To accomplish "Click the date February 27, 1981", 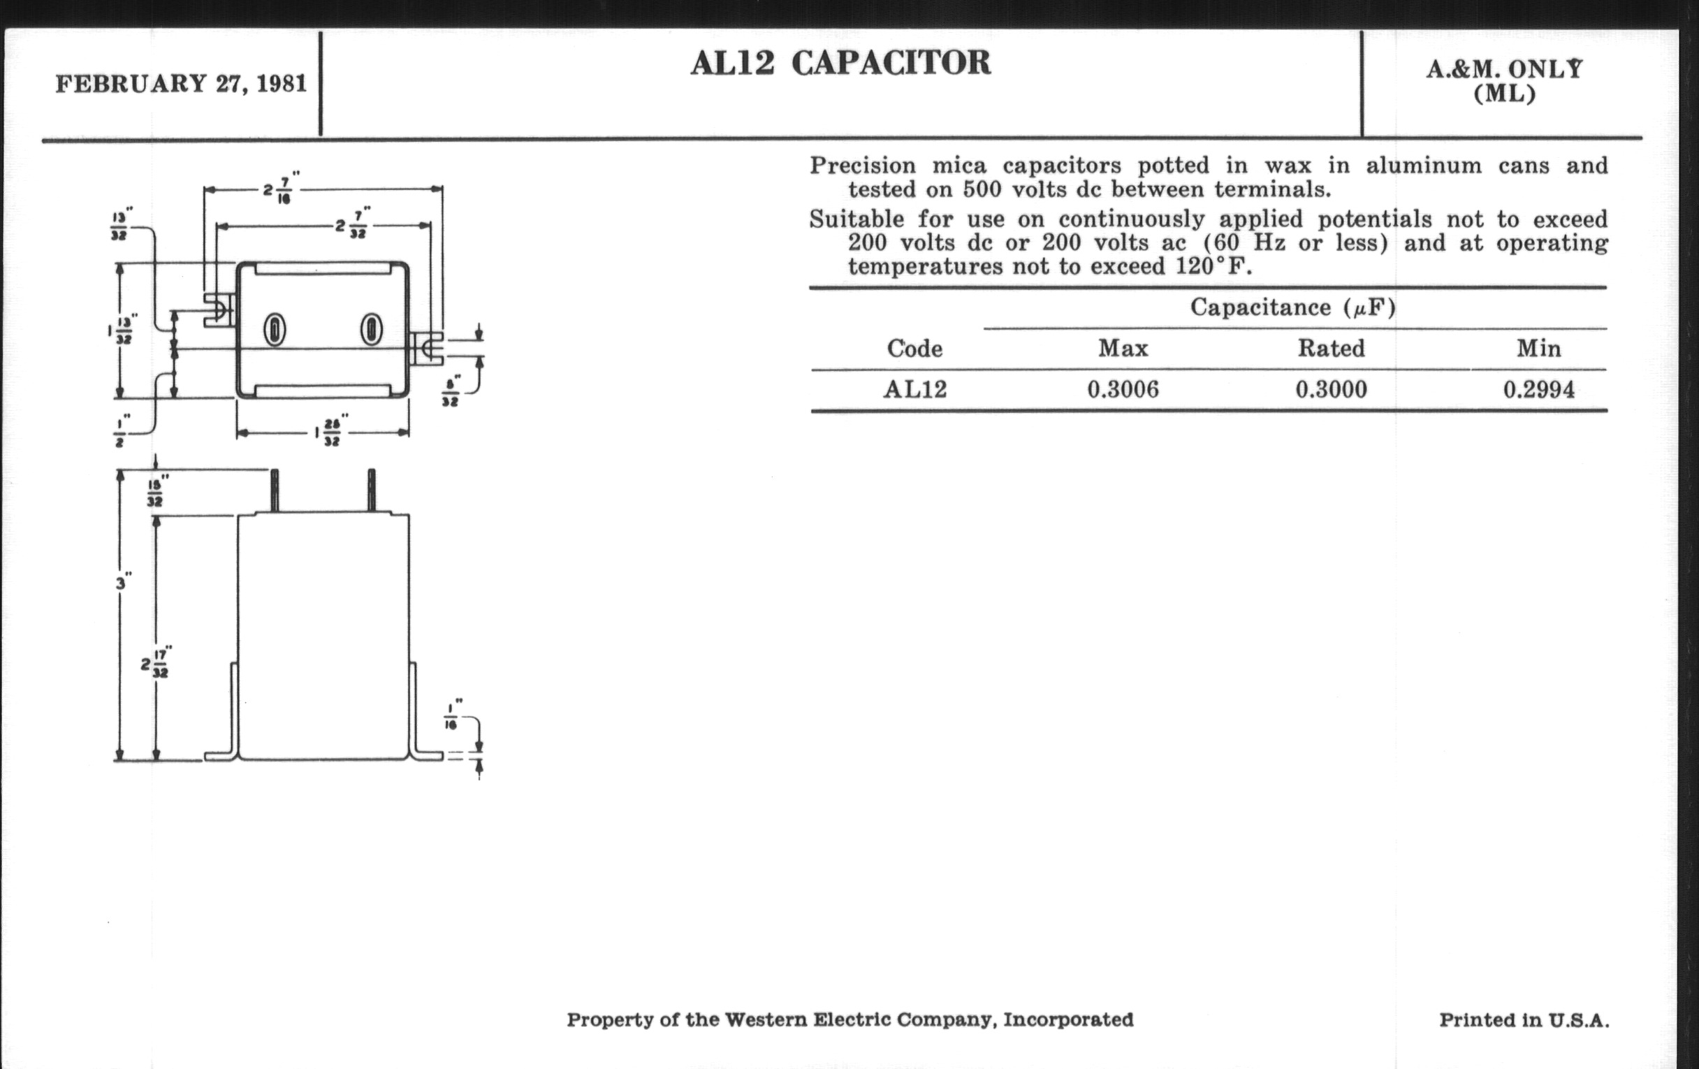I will click(182, 84).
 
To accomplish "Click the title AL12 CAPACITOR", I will click(840, 64).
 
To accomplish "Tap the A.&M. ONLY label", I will click(1504, 70).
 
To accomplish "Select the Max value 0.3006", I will click(1123, 389).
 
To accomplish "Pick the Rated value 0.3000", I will click(1331, 389).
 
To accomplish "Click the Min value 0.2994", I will click(1538, 389).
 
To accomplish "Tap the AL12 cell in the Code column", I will click(915, 389).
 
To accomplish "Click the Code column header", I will click(914, 349).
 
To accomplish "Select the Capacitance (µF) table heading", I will click(1292, 307).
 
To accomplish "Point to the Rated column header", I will click(1331, 349).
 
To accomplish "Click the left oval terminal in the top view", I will click(275, 330).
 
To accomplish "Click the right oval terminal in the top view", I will click(371, 330).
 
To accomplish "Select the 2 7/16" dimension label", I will click(281, 189).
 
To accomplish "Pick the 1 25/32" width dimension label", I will click(328, 432).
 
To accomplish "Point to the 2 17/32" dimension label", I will click(156, 663).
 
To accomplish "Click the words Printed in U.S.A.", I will click(1524, 1020).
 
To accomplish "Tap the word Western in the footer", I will click(765, 1020).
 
